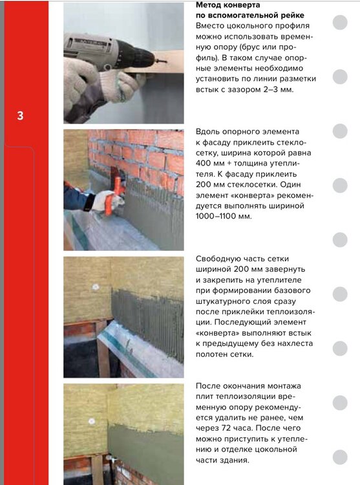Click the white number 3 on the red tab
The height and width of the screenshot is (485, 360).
tap(21, 116)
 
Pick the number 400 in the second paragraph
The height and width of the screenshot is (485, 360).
tap(206, 164)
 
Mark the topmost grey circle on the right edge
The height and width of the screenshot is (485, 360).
tap(339, 24)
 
